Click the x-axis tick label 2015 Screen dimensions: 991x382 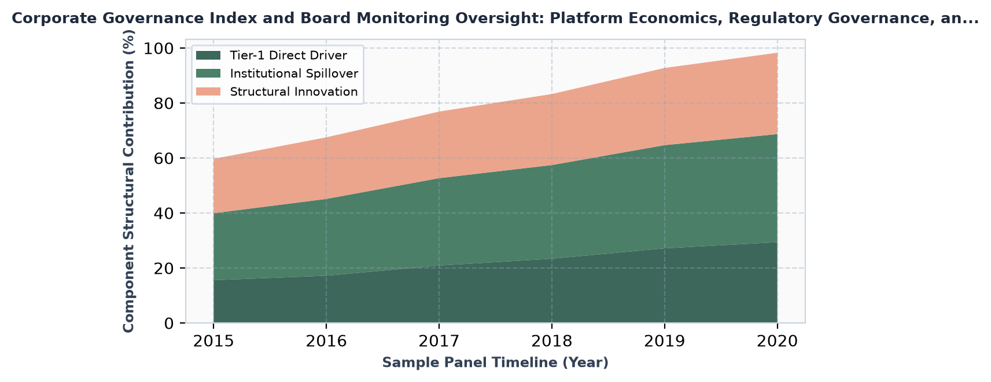[x=213, y=341]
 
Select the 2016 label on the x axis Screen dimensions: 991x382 [x=326, y=341]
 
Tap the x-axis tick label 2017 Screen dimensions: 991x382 [x=439, y=341]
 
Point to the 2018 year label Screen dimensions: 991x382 [x=552, y=341]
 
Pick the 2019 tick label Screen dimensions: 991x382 [x=665, y=341]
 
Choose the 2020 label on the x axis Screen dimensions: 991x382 [x=778, y=341]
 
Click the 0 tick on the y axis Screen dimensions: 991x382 [x=169, y=324]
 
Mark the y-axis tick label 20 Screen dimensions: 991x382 [x=164, y=269]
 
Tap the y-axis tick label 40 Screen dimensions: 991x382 [x=164, y=214]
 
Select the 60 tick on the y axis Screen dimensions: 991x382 [x=164, y=159]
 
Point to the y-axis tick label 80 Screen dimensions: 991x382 [x=164, y=104]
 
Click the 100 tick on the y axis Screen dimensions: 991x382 [x=159, y=48]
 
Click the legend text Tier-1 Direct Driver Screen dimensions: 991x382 [x=289, y=56]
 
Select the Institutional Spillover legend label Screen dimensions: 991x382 [x=294, y=74]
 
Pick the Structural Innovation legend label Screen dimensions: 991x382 [x=294, y=91]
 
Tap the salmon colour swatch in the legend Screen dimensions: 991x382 [x=208, y=91]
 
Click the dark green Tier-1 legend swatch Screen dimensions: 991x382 [x=208, y=56]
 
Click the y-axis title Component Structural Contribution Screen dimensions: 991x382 [x=128, y=181]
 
